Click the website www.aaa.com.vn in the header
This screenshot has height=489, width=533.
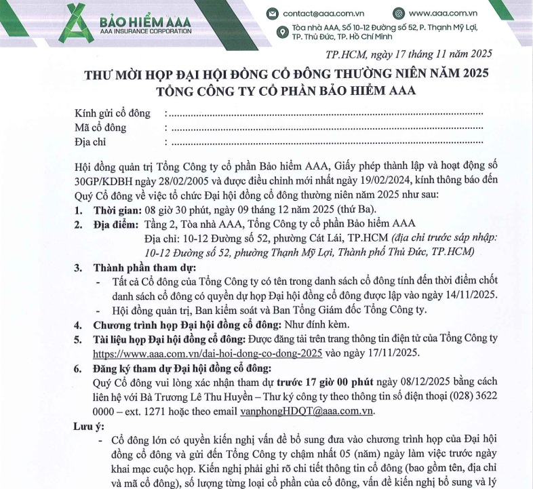[x=443, y=13]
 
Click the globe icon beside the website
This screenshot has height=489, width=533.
[x=399, y=13]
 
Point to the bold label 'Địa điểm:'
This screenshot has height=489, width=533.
[x=115, y=224]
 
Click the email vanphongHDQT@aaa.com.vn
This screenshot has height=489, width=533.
[x=307, y=411]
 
